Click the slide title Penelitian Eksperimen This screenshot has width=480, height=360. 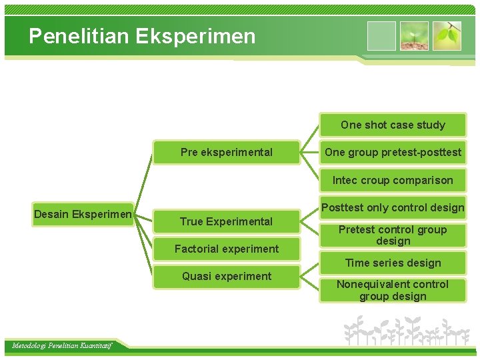click(x=142, y=36)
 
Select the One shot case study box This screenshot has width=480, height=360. click(x=393, y=125)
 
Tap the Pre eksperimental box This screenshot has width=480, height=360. click(x=226, y=152)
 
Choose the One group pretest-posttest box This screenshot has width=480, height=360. click(x=393, y=152)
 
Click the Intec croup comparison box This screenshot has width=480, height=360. click(x=393, y=180)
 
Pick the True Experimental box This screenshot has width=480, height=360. click(x=226, y=221)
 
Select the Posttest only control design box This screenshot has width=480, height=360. click(x=393, y=207)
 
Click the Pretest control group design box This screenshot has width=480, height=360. click(x=393, y=235)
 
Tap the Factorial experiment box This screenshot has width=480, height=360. click(x=226, y=249)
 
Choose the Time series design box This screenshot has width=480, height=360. click(x=393, y=263)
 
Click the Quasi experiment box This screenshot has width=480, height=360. click(x=226, y=276)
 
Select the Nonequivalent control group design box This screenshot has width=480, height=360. click(x=393, y=290)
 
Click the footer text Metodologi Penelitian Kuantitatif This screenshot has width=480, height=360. click(x=62, y=345)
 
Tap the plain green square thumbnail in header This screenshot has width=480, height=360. click(x=381, y=36)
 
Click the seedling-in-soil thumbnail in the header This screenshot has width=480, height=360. click(x=414, y=36)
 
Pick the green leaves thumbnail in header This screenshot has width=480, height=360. click(x=447, y=36)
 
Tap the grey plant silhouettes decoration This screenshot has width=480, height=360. click(x=407, y=330)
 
